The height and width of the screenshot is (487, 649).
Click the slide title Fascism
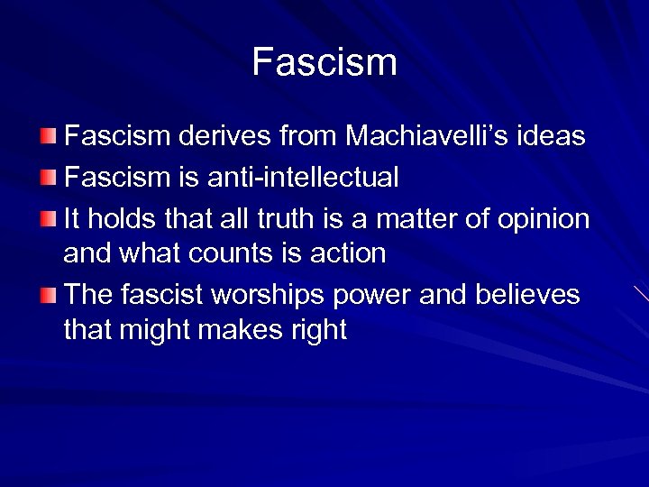pos(324,62)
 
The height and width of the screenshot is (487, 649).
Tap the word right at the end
pos(316,331)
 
